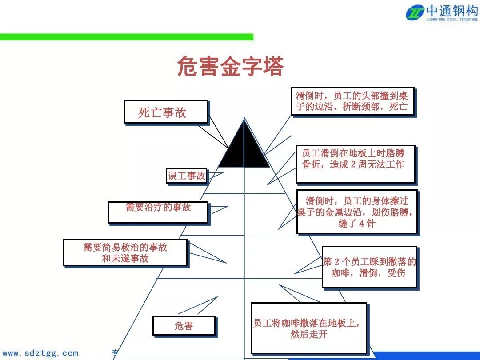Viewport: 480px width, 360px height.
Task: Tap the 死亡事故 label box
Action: coord(166,112)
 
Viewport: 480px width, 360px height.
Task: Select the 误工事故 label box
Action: coord(187,176)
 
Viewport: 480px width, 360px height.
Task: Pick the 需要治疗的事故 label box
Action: coord(158,212)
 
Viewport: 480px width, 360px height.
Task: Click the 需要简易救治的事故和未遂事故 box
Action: coord(125,252)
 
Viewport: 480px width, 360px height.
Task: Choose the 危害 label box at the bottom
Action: coord(184,326)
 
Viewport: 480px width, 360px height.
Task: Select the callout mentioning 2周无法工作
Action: coord(355,164)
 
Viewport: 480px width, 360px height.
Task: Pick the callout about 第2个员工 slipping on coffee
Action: coord(369,267)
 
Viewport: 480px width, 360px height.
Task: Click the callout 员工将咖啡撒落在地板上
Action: coord(308,328)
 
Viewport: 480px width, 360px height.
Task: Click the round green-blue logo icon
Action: coord(415,12)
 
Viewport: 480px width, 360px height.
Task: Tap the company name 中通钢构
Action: coord(452,10)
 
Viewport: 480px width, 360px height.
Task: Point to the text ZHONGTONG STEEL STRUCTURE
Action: coord(452,20)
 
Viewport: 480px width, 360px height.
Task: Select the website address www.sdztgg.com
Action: coord(40,353)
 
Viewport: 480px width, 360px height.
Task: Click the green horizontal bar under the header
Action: coord(127,37)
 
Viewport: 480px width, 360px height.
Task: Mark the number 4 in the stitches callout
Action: coord(362,224)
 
